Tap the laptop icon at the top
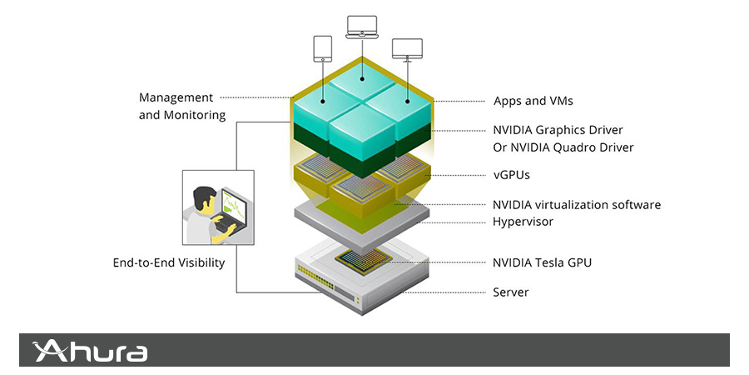360,27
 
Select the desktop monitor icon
407,50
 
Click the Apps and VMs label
533,101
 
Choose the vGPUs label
512,176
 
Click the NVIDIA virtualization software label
576,204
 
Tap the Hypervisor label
523,222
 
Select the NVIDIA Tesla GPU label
542,262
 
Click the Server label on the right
510,292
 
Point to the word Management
176,97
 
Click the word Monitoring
195,115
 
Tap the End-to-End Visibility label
169,262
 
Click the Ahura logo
91,351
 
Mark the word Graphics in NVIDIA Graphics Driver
563,130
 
